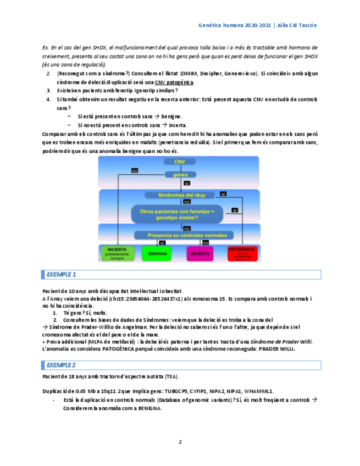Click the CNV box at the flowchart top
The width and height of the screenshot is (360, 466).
(x=180, y=162)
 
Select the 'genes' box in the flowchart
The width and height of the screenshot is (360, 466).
(x=180, y=174)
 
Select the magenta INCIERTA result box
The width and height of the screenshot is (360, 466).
(x=200, y=254)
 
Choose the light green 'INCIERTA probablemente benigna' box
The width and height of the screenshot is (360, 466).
(x=117, y=253)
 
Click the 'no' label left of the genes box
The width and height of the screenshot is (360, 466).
(x=134, y=171)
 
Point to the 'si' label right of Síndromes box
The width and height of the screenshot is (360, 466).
(x=223, y=193)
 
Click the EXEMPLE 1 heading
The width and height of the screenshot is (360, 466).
(x=61, y=274)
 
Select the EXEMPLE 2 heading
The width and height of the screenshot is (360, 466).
(x=61, y=364)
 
